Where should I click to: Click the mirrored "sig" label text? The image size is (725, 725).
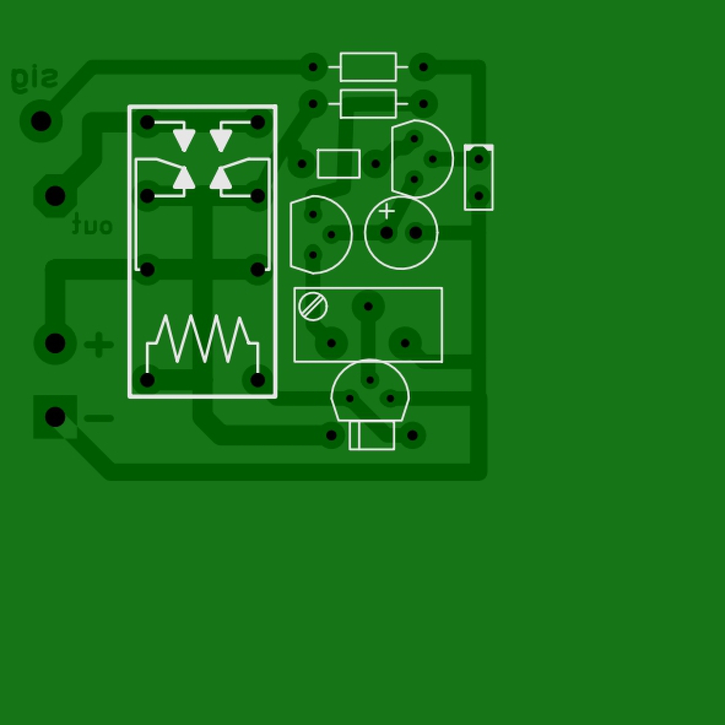click(35, 78)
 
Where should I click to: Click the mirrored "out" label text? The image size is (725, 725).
click(92, 225)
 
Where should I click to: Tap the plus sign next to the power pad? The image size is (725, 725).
click(99, 344)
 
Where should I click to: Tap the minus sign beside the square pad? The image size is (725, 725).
click(99, 419)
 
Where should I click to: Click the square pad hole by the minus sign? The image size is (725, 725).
click(55, 417)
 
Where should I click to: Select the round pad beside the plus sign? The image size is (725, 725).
click(55, 343)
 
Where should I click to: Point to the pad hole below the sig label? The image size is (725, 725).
click(41, 121)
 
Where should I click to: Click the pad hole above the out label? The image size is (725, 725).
click(55, 196)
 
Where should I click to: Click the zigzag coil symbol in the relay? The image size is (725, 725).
click(202, 339)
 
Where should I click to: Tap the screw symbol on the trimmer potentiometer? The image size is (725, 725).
click(313, 306)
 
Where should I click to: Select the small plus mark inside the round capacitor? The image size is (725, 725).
click(387, 211)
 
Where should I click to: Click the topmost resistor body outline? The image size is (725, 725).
click(368, 67)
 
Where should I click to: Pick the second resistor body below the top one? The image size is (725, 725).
click(368, 104)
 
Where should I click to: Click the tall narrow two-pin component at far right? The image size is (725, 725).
click(479, 177)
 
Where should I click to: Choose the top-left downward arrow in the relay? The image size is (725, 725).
click(184, 139)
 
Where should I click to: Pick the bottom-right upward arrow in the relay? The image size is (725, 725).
click(221, 178)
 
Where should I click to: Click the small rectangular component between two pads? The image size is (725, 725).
click(339, 164)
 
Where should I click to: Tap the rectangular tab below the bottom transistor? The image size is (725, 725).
click(372, 435)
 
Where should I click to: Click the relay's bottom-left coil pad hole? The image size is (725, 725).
click(147, 380)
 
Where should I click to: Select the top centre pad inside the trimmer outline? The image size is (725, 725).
click(368, 306)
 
